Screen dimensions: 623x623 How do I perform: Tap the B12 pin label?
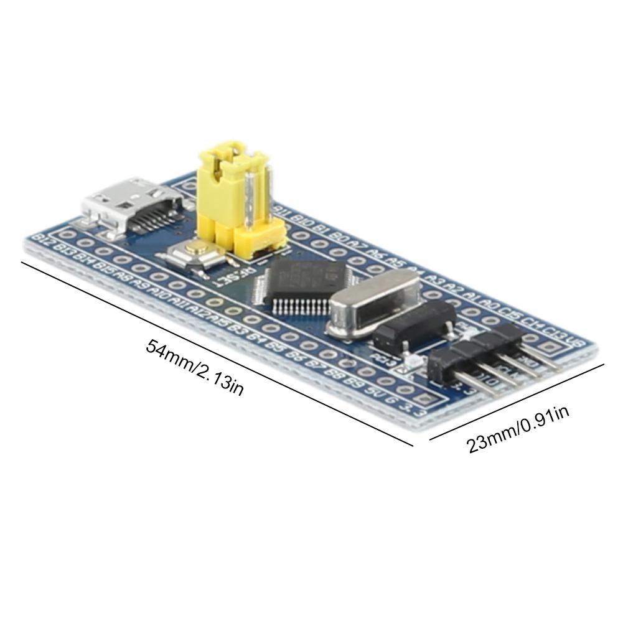(x=44, y=239)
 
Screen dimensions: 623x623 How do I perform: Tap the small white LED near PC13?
(x=408, y=363)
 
